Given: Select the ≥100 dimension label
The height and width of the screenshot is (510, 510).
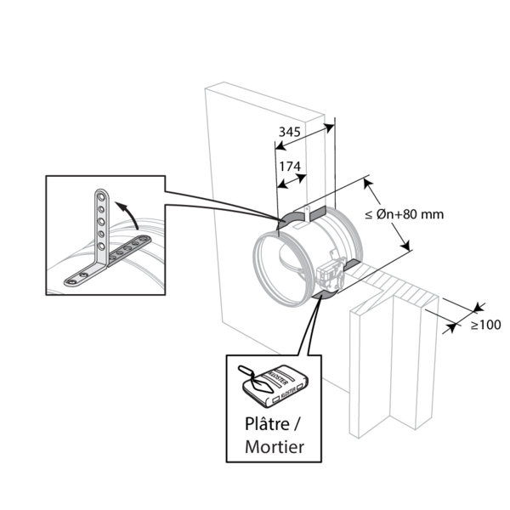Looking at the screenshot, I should (x=485, y=326).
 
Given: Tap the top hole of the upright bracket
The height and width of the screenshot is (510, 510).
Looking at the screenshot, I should (x=102, y=196).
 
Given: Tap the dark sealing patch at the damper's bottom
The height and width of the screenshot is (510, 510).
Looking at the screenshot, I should (x=323, y=295).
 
